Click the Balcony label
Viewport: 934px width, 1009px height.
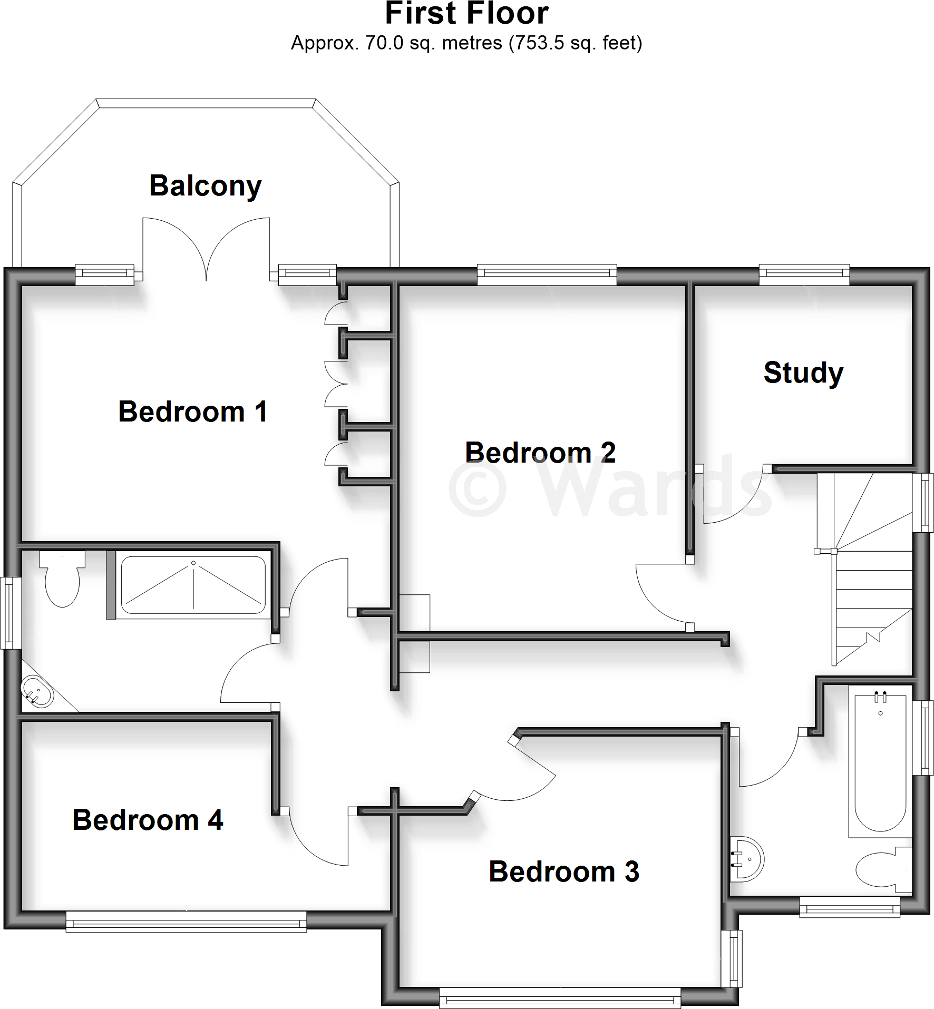tap(206, 186)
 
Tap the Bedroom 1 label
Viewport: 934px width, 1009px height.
tap(193, 412)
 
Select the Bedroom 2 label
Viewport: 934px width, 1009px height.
tap(540, 453)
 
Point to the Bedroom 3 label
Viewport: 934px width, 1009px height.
tap(564, 871)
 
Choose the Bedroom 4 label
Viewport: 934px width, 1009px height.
tap(148, 820)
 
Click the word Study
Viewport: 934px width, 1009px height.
tap(803, 373)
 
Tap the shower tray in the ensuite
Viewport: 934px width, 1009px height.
tap(193, 585)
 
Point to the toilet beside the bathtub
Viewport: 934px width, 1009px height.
tap(883, 869)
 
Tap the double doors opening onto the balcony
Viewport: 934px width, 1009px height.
tap(206, 248)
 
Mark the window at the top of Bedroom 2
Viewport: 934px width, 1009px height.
tap(547, 274)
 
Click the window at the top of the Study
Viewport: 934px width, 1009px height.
tap(804, 274)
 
